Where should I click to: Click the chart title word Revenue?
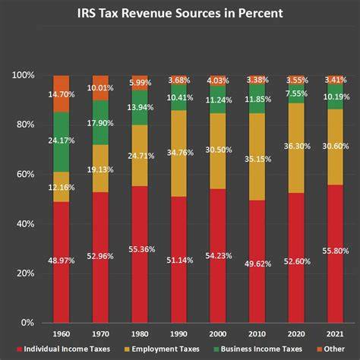click(x=171, y=13)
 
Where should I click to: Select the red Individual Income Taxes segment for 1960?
click(x=62, y=262)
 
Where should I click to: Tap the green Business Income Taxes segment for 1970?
click(x=100, y=122)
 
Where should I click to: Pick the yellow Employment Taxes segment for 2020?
click(x=296, y=148)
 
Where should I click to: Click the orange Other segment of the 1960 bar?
click(x=62, y=93)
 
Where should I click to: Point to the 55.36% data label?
click(x=142, y=249)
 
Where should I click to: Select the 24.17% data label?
click(x=62, y=141)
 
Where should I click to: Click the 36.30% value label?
click(x=297, y=146)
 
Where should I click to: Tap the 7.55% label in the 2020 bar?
click(x=296, y=93)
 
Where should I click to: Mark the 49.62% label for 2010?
click(x=258, y=264)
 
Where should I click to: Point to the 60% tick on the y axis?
click(x=25, y=174)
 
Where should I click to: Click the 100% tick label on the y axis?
click(x=24, y=75)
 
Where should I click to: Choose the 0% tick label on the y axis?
click(x=27, y=323)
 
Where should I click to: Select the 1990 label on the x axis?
click(x=178, y=334)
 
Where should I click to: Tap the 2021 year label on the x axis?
click(x=335, y=334)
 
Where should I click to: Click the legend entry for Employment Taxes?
click(x=162, y=349)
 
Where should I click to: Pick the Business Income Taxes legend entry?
click(x=258, y=349)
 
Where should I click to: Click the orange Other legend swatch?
click(x=319, y=349)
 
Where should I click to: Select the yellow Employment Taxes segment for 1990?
click(x=178, y=153)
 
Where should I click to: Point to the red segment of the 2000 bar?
click(x=218, y=256)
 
